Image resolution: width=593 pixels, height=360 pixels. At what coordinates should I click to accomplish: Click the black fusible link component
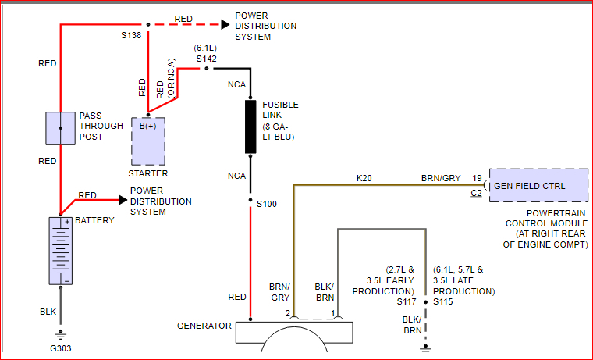250,127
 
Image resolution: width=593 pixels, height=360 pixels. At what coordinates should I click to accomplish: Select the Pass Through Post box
61,128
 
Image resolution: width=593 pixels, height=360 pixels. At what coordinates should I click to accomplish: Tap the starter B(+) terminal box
148,141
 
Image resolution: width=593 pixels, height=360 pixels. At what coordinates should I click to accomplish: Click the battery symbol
61,251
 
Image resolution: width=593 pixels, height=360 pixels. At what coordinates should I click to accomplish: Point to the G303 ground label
61,348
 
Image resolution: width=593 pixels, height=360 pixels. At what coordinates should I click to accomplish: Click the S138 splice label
131,35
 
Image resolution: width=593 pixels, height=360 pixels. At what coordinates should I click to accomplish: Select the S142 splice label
207,59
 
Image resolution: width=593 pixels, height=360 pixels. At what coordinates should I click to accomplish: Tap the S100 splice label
267,204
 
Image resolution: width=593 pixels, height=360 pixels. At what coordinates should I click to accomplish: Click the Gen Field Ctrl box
538,186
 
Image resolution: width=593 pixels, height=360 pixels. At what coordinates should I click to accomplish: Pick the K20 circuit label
364,178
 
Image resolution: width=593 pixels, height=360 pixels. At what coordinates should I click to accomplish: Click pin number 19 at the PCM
477,178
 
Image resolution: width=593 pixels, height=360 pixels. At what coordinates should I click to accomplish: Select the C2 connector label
477,193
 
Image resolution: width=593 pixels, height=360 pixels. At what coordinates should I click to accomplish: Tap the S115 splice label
443,301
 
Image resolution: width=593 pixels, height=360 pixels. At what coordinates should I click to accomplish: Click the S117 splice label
407,301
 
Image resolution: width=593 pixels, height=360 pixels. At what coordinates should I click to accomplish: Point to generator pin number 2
288,313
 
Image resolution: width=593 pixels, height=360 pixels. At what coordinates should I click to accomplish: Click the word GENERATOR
204,326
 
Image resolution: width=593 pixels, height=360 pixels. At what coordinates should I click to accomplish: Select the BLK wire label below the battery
48,312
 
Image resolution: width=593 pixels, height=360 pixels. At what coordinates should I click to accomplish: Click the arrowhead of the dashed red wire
225,25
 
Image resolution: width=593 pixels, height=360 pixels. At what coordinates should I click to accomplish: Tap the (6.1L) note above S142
205,48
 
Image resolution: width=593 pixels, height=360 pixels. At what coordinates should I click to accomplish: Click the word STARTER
148,173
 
